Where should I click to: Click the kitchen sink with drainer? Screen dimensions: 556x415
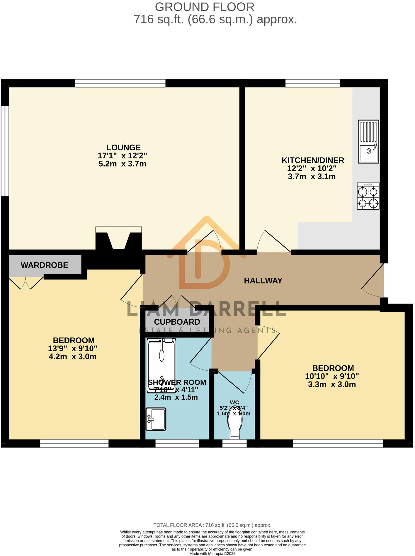[x=368, y=141]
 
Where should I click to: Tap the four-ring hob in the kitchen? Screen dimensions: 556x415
[x=368, y=196]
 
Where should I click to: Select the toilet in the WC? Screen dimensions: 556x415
[x=235, y=422]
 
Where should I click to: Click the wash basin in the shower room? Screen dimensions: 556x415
[x=156, y=419]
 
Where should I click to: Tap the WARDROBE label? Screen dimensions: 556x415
[x=44, y=265]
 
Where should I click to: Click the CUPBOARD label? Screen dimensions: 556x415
[x=177, y=322]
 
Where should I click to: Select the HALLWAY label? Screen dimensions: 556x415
[x=263, y=281]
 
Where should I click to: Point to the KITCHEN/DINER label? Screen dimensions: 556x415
[x=313, y=160]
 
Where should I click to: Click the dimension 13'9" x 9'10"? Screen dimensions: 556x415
[x=73, y=348]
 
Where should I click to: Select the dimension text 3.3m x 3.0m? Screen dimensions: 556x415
[x=332, y=384]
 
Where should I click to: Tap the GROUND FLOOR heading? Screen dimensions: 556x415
[x=204, y=7]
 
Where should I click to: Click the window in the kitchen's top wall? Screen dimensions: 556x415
[x=313, y=83]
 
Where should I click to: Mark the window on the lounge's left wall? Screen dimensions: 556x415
[x=5, y=151]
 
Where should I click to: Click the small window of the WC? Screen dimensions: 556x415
[x=234, y=443]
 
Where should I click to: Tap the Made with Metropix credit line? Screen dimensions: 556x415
[x=212, y=554]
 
